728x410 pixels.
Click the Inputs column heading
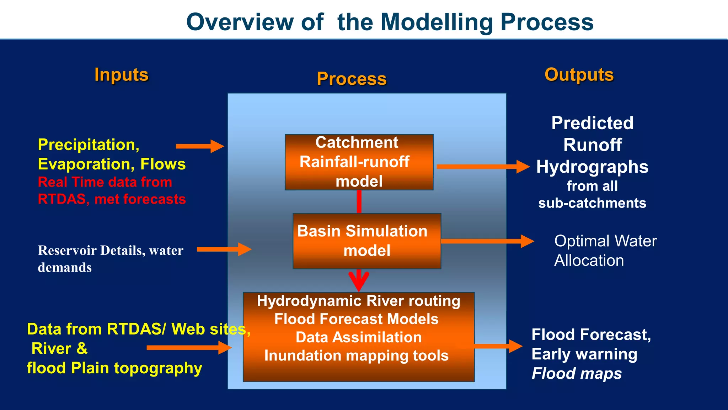[121, 75]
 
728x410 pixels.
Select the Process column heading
[352, 79]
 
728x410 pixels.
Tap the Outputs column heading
[579, 75]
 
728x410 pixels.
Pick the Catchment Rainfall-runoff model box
[359, 162]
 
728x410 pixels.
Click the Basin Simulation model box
[367, 241]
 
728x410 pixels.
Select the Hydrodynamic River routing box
[359, 337]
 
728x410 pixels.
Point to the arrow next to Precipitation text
[200, 146]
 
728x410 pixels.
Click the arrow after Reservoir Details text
[224, 249]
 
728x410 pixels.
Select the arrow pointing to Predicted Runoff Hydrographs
[483, 166]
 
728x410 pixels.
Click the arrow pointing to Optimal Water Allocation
[487, 241]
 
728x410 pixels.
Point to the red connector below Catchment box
[359, 201]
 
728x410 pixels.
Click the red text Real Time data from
[105, 182]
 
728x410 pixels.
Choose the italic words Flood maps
[577, 373]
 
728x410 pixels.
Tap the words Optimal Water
[605, 241]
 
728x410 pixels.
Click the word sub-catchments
[592, 203]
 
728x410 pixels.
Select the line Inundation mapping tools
[356, 356]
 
